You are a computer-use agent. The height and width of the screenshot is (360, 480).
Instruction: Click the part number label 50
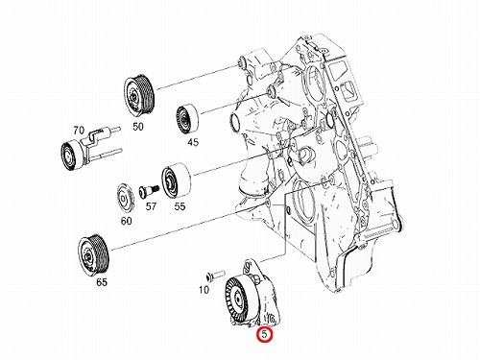138,127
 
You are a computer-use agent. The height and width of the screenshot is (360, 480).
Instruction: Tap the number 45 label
193,142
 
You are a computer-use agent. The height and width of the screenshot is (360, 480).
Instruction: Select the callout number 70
79,131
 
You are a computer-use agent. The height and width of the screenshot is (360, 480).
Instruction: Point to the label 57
151,206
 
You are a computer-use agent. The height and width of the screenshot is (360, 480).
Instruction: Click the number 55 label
180,206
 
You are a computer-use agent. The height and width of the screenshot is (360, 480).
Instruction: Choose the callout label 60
126,221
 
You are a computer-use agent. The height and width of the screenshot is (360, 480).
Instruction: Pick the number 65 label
102,282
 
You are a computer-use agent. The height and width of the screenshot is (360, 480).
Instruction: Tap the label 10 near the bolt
204,290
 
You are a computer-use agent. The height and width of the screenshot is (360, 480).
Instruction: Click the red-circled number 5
265,334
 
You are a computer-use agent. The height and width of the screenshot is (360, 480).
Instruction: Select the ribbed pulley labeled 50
139,94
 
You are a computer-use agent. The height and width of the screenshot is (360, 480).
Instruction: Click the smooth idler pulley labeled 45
188,119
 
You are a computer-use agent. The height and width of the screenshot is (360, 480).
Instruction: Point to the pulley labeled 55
176,180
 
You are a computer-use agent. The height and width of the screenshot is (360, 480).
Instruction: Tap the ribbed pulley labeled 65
94,255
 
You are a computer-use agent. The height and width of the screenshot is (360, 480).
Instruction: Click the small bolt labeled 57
149,191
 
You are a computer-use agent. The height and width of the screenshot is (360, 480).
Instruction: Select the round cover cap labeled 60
126,198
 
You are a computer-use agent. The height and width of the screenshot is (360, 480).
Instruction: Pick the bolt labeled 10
215,275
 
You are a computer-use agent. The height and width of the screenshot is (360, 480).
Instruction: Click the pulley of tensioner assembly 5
237,299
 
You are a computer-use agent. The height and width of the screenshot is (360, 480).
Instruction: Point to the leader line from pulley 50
198,77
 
